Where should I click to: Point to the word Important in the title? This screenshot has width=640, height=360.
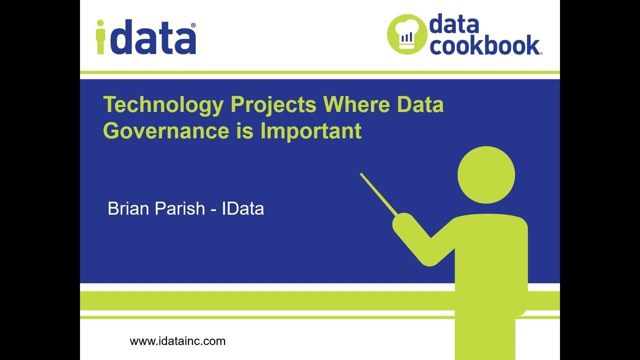pos(310,130)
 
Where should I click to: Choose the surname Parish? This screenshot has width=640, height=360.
pos(179,208)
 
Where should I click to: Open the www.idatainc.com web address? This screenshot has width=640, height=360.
pos(177,341)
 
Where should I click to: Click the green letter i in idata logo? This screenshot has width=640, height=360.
pos(101,37)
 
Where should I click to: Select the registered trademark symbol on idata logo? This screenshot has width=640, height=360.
pos(193,25)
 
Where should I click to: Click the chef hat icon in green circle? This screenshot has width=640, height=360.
pos(407,33)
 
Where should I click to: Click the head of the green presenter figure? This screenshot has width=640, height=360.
pos(486,175)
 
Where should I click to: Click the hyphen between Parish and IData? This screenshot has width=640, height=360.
pos(213,209)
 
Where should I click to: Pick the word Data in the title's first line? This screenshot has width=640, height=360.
pos(420,105)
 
